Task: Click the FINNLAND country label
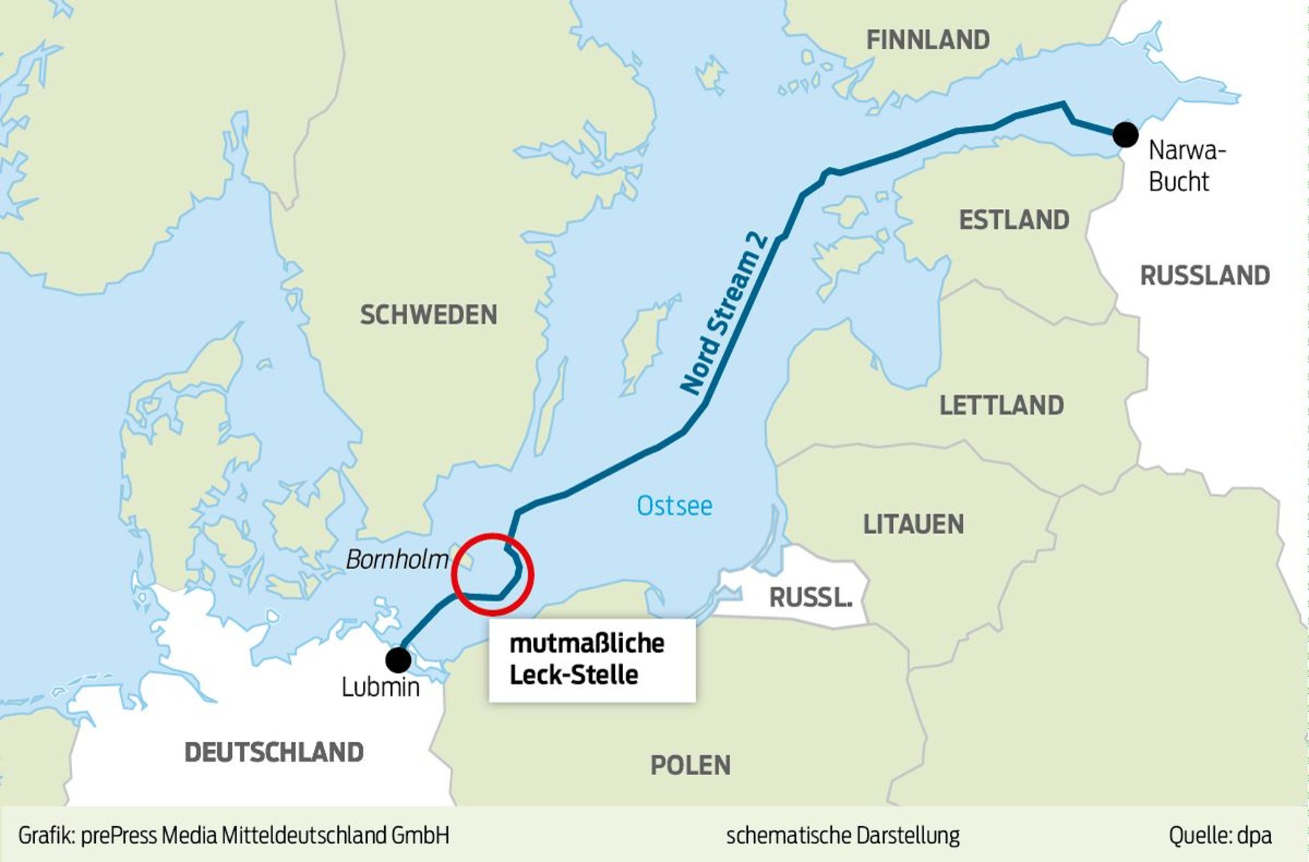coord(927,40)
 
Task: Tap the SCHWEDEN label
coord(428,314)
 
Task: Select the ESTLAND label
coord(1014,220)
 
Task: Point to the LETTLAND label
coord(1001,405)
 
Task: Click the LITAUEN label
coord(913,524)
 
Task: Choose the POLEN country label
coord(690,765)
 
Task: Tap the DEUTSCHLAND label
coord(274,752)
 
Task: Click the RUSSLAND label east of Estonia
coord(1205,275)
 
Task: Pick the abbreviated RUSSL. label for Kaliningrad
coord(810,597)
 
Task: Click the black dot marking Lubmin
coord(398,659)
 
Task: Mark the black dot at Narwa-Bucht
coord(1125,135)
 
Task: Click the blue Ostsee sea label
coord(674,506)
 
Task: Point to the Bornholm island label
coord(397,560)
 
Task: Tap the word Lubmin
coord(380,688)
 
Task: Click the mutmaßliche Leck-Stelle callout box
coord(592,659)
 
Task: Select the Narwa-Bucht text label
coord(1186,165)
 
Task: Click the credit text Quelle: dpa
coord(1220,835)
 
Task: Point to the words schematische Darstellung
coord(842,835)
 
